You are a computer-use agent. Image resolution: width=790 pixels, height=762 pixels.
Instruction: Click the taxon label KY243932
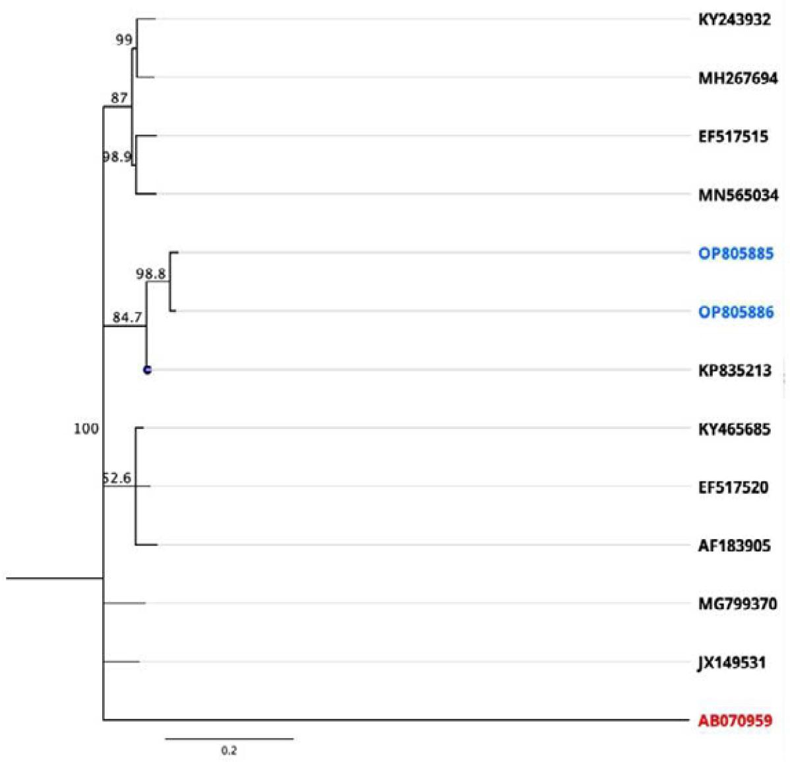[x=734, y=20]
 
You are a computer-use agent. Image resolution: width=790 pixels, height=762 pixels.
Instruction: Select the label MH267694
[x=737, y=79]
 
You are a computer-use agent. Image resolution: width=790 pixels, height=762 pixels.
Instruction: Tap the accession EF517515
[x=733, y=137]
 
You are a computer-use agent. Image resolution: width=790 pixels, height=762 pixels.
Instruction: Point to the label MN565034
[x=738, y=195]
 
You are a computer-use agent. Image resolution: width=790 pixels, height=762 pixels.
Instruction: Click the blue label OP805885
[x=736, y=253]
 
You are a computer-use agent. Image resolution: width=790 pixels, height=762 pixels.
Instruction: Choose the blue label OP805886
[x=736, y=312]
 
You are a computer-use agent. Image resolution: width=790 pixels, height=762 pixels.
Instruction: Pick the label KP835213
[x=735, y=370]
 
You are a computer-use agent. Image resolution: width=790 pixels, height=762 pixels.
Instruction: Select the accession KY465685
[x=734, y=429]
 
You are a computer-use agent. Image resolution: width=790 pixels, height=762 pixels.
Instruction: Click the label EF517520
[x=733, y=488]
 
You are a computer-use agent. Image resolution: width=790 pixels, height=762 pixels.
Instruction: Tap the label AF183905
[x=734, y=546]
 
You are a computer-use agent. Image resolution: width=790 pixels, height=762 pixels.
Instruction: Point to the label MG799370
[x=737, y=604]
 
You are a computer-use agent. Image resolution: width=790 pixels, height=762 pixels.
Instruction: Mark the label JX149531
[x=731, y=662]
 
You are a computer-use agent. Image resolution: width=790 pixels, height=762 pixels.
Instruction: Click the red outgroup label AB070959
[x=735, y=720]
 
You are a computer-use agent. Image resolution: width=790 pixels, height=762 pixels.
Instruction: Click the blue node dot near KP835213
[x=147, y=370]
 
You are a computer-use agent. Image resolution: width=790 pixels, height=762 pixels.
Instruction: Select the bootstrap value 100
[x=86, y=429]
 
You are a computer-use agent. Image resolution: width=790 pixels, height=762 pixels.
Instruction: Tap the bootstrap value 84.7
[x=127, y=317]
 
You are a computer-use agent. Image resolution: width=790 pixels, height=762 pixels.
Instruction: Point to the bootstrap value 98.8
[x=151, y=274]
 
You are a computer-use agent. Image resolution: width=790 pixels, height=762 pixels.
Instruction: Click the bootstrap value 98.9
[x=117, y=157]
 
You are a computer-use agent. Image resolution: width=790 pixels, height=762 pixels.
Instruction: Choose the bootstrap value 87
[x=119, y=98]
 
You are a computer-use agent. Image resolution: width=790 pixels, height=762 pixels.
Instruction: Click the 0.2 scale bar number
[x=228, y=750]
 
